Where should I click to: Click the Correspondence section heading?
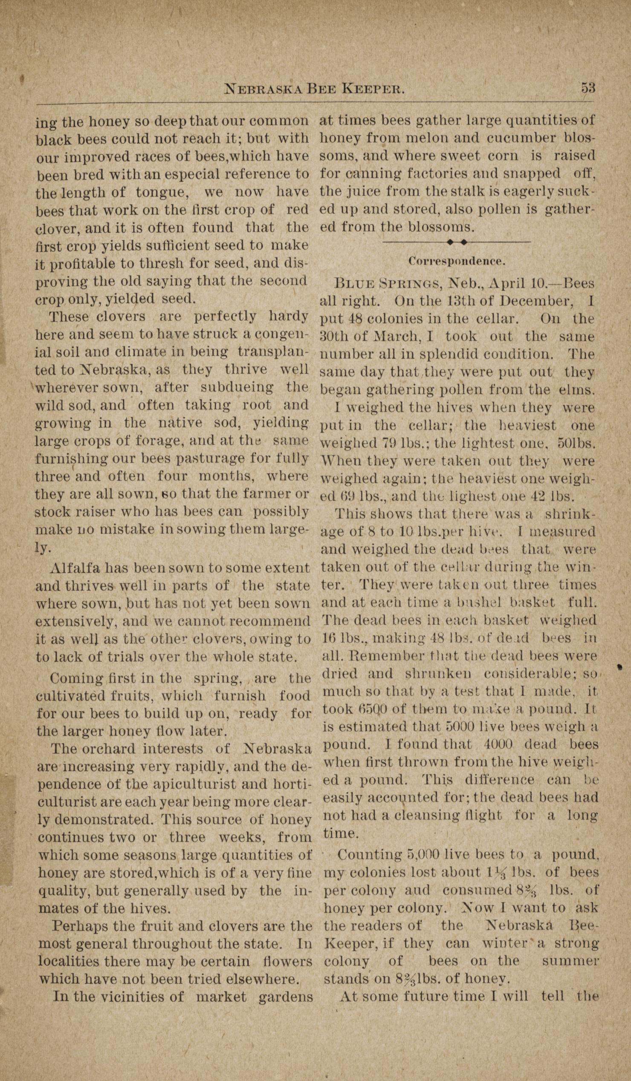(456, 260)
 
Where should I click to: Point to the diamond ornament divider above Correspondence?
(456, 242)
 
